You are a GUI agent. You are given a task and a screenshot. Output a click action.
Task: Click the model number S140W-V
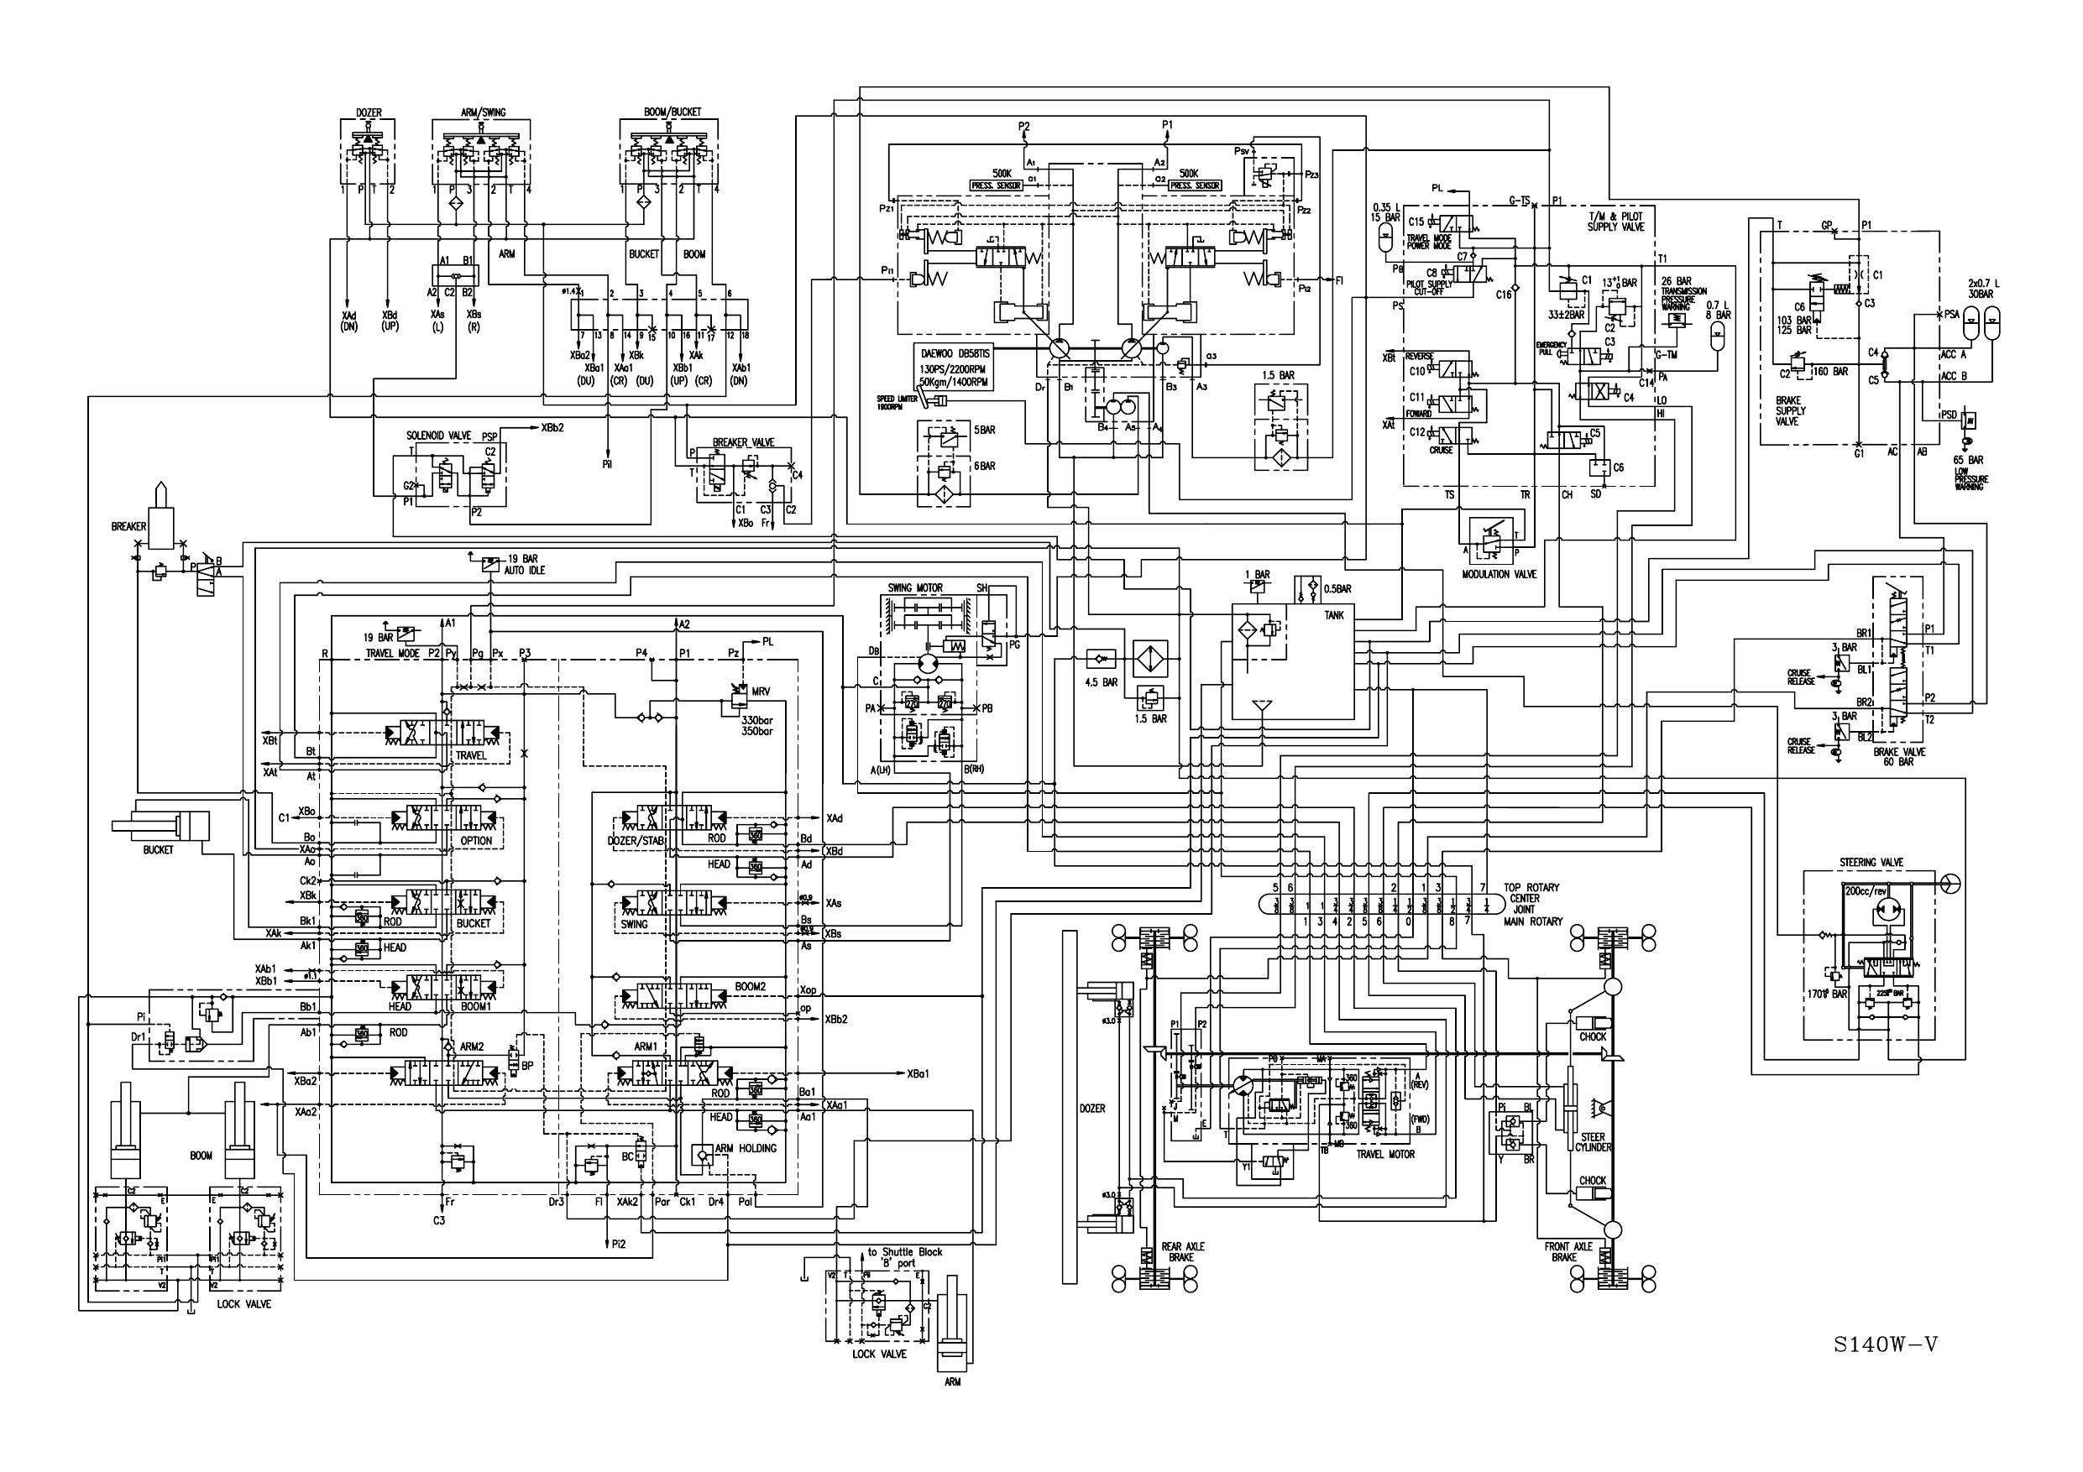1884,1344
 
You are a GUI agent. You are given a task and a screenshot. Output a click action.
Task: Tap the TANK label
1333,616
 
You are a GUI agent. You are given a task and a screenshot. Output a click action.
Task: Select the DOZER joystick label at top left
369,113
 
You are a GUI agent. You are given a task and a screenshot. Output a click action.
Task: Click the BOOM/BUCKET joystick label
673,112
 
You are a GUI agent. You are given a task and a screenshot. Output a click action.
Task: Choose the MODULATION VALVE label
1499,574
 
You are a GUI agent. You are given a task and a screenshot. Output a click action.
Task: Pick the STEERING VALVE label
1871,863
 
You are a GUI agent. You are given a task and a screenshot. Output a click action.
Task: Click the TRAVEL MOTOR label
1385,1155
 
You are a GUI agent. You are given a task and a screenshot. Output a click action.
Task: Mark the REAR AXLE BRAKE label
1183,1251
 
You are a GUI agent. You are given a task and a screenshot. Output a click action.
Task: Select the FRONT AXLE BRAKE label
1564,1251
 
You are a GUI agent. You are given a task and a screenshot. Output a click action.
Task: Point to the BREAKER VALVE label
743,442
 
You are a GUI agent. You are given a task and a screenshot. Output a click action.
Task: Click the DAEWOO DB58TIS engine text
953,352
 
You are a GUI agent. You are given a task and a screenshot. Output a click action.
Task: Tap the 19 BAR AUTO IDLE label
526,564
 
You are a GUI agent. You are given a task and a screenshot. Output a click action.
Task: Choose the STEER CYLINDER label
1592,1142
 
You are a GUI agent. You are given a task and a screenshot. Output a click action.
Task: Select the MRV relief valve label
761,692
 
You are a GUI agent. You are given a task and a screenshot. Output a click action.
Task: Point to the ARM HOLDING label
746,1148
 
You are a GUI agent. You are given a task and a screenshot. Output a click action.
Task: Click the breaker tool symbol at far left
160,517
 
